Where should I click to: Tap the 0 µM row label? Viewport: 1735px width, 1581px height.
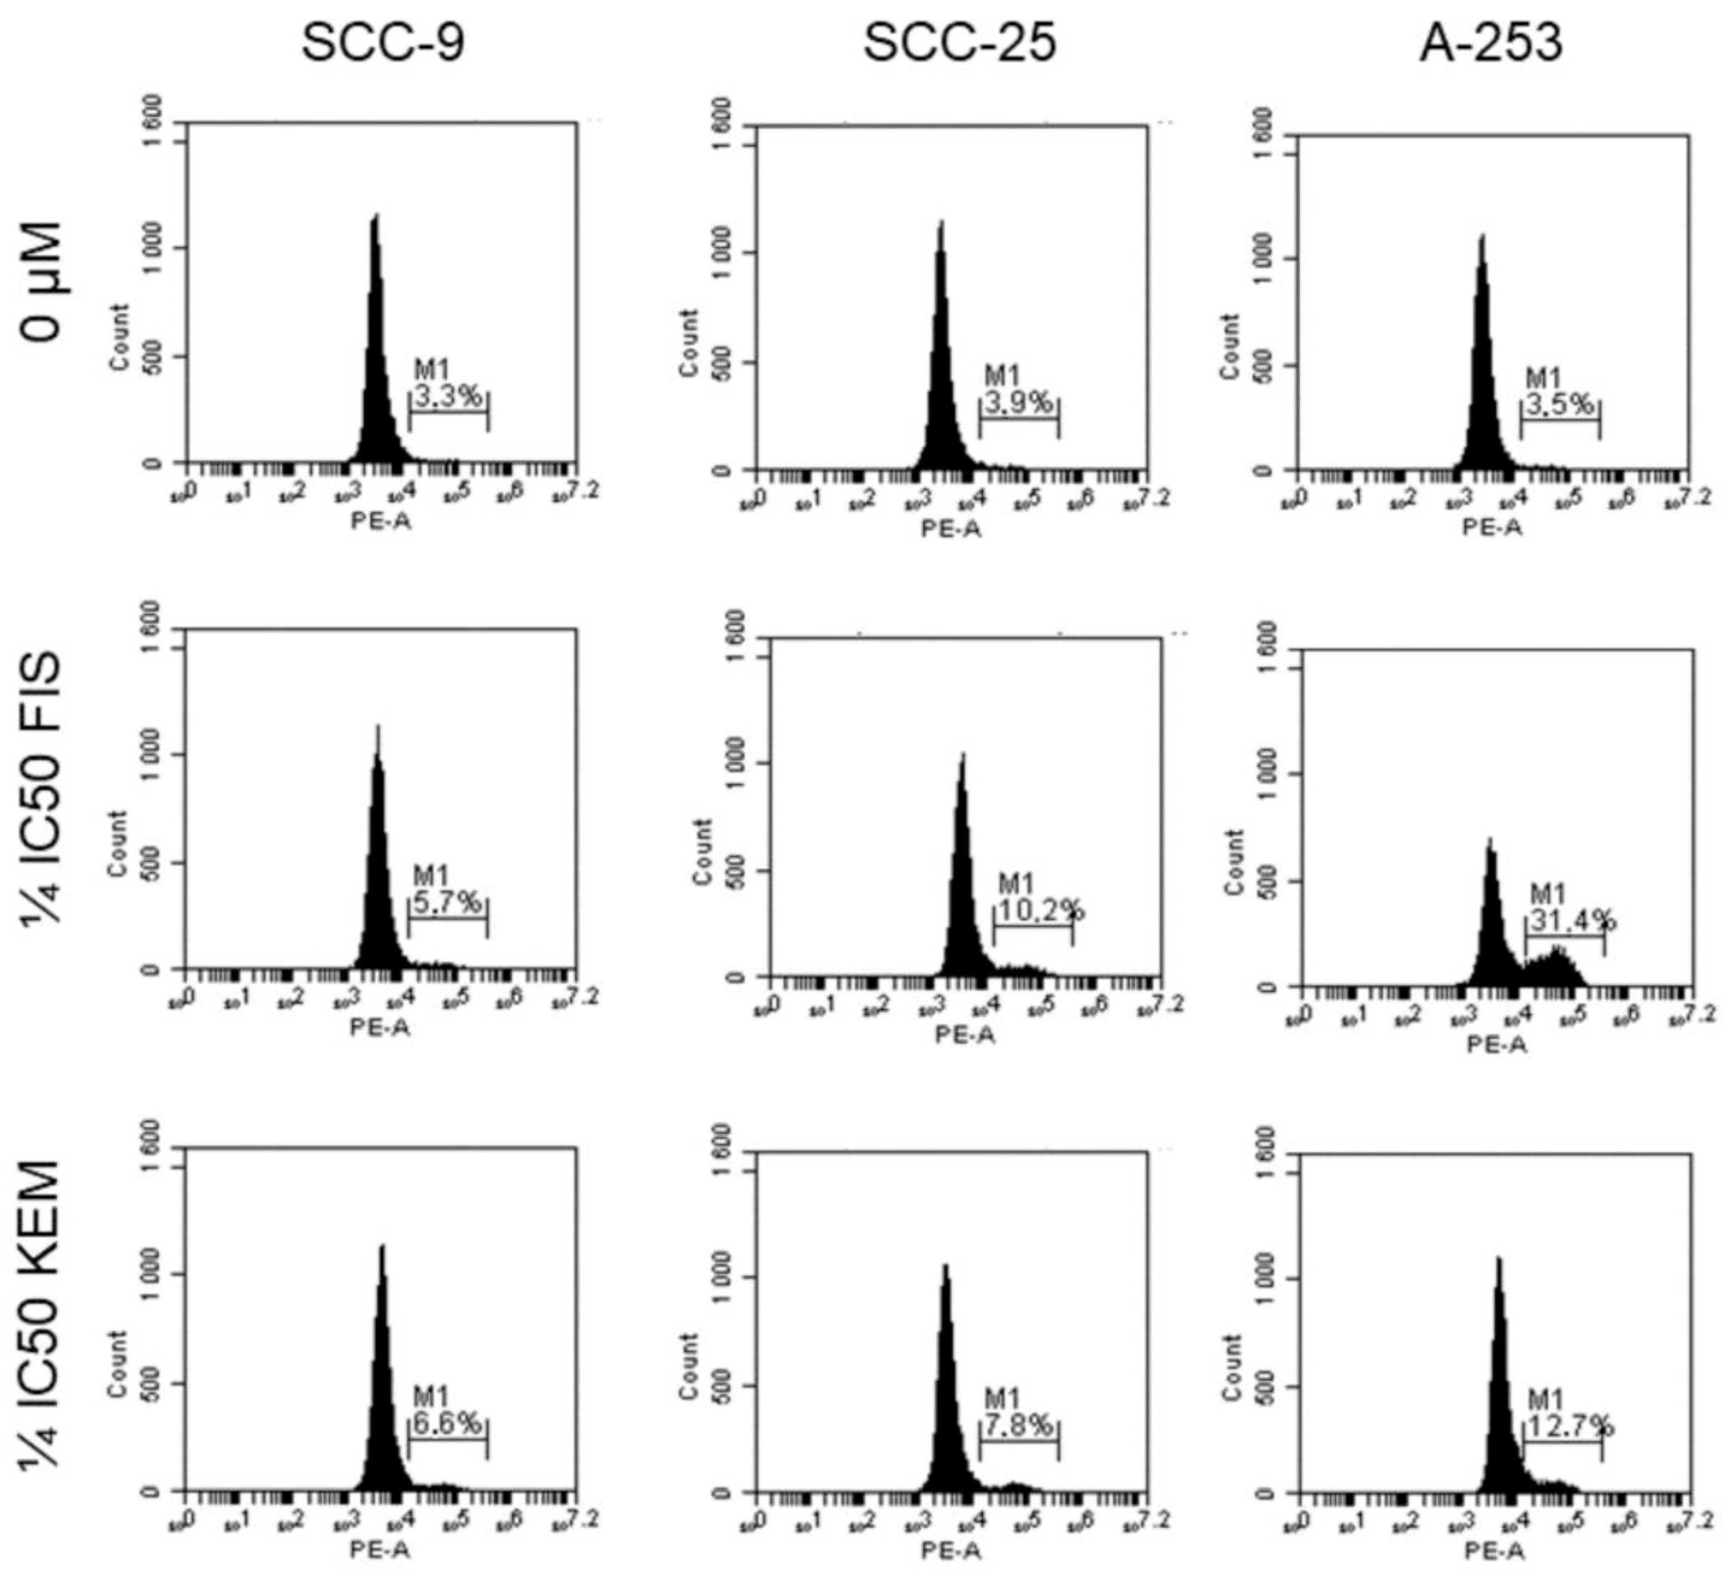point(43,281)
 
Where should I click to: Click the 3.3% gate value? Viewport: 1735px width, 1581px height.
point(447,397)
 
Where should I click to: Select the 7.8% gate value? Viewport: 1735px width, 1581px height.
point(1018,1426)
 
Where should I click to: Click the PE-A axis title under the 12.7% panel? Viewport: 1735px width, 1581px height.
point(1495,1551)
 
